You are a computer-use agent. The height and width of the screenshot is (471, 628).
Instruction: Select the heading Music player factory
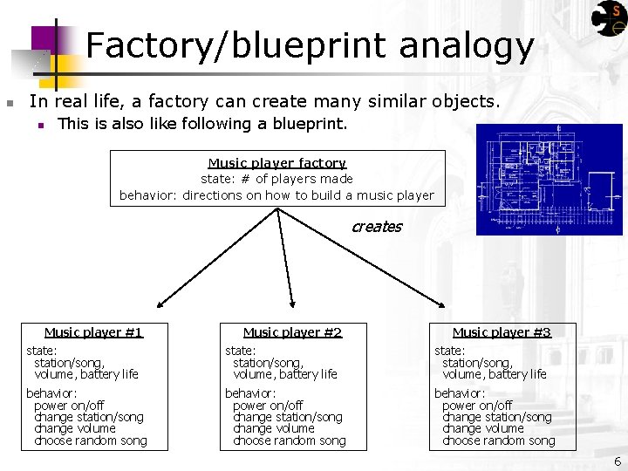click(x=276, y=163)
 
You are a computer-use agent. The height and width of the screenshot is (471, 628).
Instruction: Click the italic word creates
click(x=376, y=227)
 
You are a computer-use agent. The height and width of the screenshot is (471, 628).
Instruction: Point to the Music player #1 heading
click(x=93, y=332)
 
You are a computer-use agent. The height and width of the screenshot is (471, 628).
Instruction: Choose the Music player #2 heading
click(x=292, y=332)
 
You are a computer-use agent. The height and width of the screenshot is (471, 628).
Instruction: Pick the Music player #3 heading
click(x=502, y=332)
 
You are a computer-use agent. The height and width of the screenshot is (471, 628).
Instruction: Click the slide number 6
click(x=618, y=461)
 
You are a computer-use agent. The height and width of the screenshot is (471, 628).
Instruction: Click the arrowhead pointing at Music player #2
click(x=292, y=305)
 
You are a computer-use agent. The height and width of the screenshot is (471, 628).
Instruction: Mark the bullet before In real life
click(x=9, y=104)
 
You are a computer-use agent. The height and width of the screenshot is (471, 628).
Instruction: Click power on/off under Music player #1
click(x=69, y=406)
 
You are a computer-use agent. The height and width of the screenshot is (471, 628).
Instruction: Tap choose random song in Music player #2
click(x=289, y=441)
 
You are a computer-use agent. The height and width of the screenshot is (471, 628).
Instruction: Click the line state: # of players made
click(x=276, y=180)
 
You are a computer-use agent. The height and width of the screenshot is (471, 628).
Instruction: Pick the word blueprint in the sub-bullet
click(x=311, y=124)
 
